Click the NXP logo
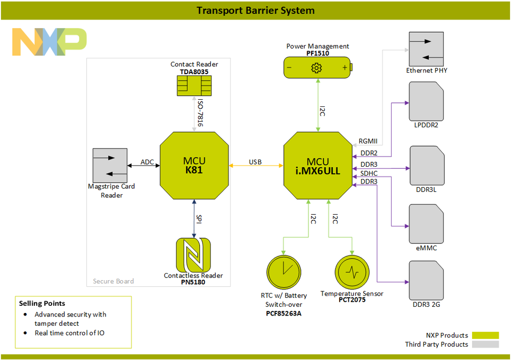[x=49, y=42]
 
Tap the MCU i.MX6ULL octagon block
[x=318, y=165]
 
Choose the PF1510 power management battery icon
[x=318, y=67]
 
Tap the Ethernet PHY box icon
[x=426, y=49]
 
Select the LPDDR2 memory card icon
[x=426, y=101]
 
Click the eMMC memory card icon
[x=426, y=223]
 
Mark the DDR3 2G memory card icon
[x=426, y=280]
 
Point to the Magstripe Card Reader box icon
[x=110, y=165]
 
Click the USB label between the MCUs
[x=255, y=162]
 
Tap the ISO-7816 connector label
[x=201, y=112]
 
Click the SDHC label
[x=369, y=173]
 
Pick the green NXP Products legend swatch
[x=485, y=335]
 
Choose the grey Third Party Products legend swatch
[x=485, y=345]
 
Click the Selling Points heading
[x=42, y=303]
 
